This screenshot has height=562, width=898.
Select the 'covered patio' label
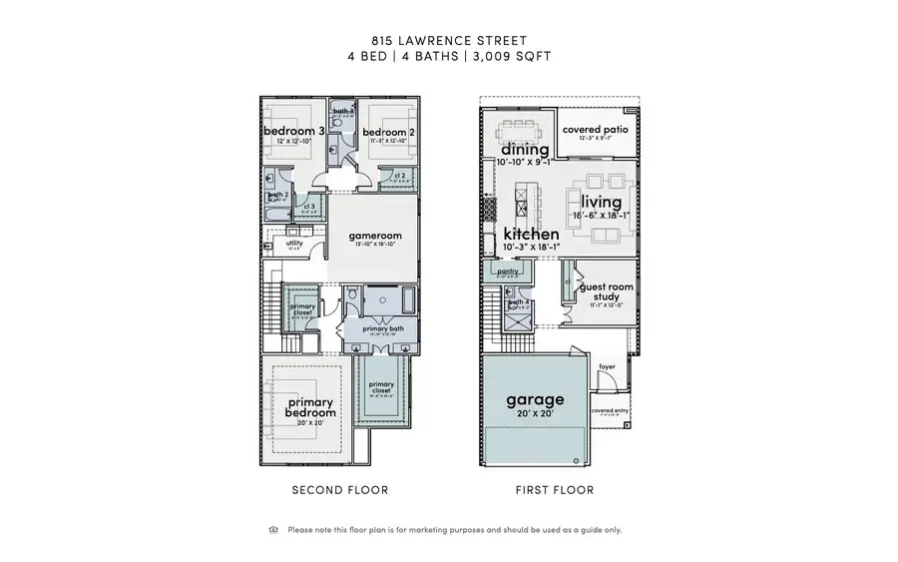[x=593, y=130]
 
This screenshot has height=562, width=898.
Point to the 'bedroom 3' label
[x=293, y=132]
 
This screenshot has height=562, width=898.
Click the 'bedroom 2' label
[x=386, y=132]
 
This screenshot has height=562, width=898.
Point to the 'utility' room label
[x=294, y=243]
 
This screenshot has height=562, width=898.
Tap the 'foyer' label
[x=608, y=366]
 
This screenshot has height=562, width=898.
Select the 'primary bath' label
[x=381, y=328]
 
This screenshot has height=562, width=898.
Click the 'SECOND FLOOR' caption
[x=339, y=490]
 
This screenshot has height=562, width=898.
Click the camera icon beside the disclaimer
[x=273, y=530]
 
